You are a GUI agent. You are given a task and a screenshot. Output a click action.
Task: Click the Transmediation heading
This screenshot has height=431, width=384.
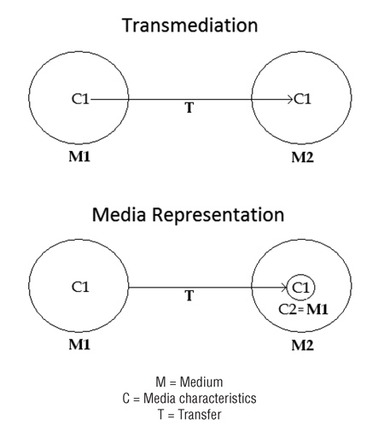pyautogui.click(x=190, y=26)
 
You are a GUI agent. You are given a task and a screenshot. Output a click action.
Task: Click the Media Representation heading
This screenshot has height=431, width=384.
pyautogui.click(x=190, y=213)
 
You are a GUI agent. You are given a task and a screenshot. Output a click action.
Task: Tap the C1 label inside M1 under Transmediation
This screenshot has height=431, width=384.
pyautogui.click(x=79, y=99)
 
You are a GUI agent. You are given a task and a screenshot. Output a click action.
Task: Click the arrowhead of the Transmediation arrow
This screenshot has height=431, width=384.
pyautogui.click(x=289, y=99)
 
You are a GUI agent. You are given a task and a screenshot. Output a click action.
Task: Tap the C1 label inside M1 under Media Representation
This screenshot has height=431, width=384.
pyautogui.click(x=79, y=287)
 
